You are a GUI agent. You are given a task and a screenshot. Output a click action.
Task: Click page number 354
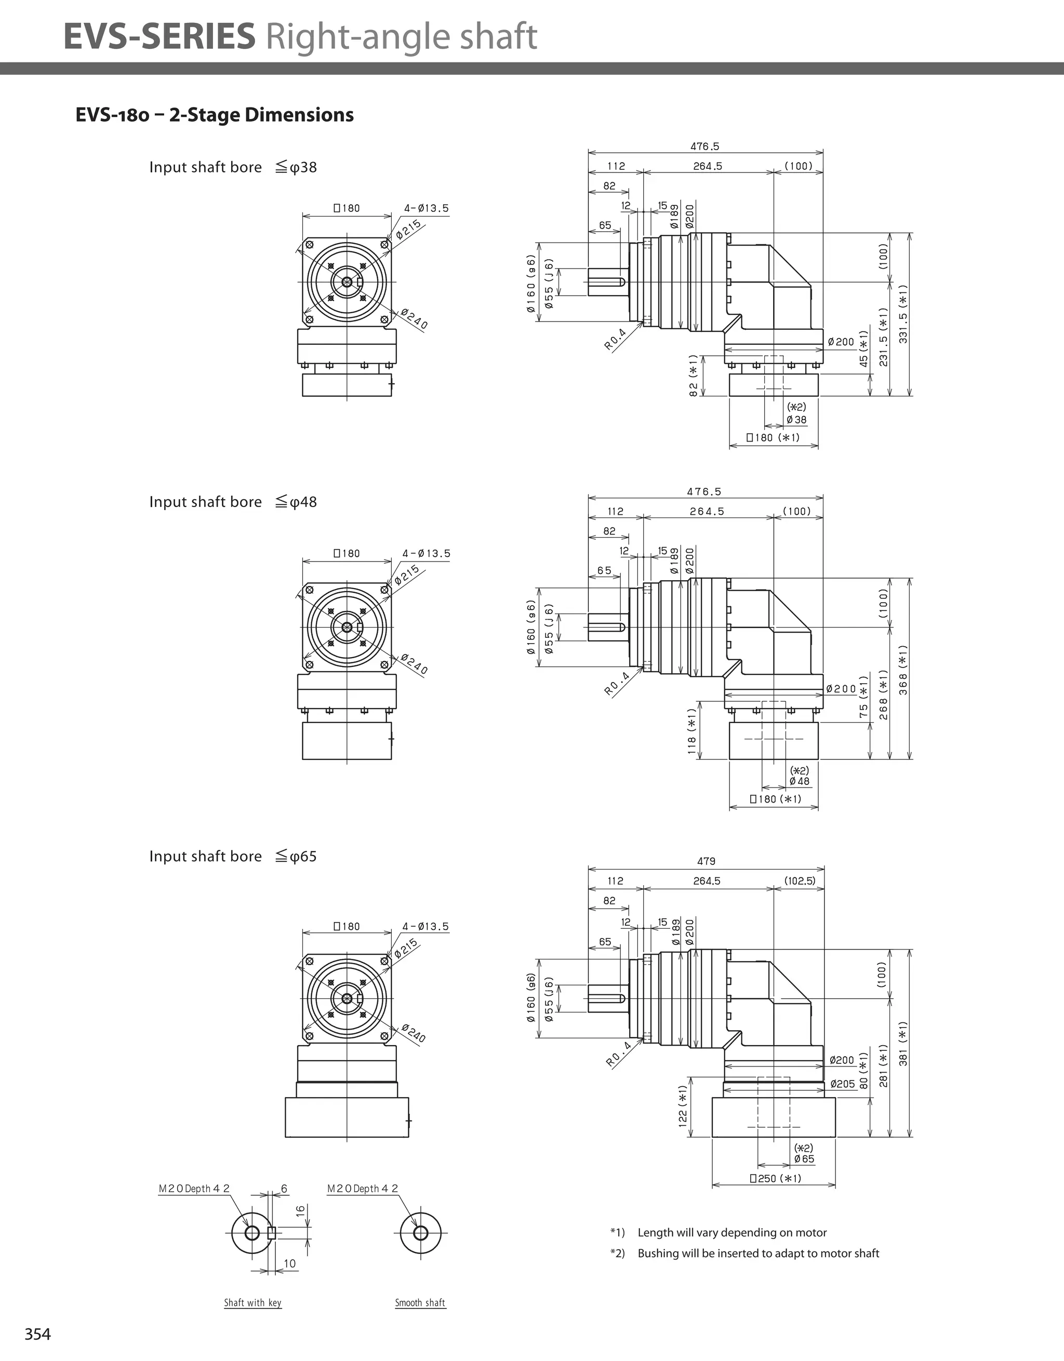click(37, 1333)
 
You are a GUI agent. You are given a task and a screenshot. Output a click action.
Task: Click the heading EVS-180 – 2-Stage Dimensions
click(215, 115)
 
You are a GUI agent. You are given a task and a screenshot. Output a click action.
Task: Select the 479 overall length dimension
click(706, 861)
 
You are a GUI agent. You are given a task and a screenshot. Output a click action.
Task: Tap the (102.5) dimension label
click(800, 880)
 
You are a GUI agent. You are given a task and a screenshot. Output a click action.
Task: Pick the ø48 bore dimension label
click(799, 781)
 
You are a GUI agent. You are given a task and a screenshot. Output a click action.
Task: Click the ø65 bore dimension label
click(804, 1159)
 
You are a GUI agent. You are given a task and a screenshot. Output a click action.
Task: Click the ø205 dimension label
click(842, 1084)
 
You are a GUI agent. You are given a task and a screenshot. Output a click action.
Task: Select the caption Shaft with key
click(252, 1302)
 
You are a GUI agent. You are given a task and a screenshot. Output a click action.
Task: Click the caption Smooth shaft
click(420, 1302)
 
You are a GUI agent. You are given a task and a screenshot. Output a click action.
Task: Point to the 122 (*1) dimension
click(683, 1105)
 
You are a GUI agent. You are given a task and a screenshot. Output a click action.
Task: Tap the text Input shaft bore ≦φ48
click(233, 502)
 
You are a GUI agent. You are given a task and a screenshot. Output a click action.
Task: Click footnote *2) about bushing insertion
click(744, 1253)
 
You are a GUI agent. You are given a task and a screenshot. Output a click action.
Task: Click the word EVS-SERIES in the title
click(159, 36)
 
